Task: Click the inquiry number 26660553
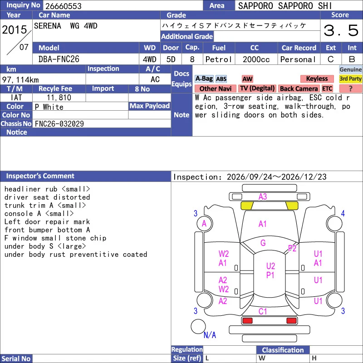coord(64,6)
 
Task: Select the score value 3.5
coord(341,30)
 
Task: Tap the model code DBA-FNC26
coord(59,59)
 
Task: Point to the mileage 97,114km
coord(20,80)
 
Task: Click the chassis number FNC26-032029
coord(59,124)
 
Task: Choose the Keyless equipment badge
coord(317,78)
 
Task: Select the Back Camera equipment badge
coord(299,88)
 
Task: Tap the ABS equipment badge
coord(221,79)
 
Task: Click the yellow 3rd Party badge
coord(350,78)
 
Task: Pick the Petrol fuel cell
coord(219,59)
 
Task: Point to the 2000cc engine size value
coord(256,59)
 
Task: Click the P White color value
coord(49,107)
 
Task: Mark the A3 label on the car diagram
coord(263,197)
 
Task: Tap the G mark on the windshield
coord(263,243)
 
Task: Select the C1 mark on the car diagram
coord(263,311)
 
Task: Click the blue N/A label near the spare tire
coord(210,335)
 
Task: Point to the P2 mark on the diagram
coord(292,248)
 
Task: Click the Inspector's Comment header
coord(40,176)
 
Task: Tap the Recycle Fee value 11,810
coord(59,98)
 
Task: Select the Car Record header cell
coord(299,48)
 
